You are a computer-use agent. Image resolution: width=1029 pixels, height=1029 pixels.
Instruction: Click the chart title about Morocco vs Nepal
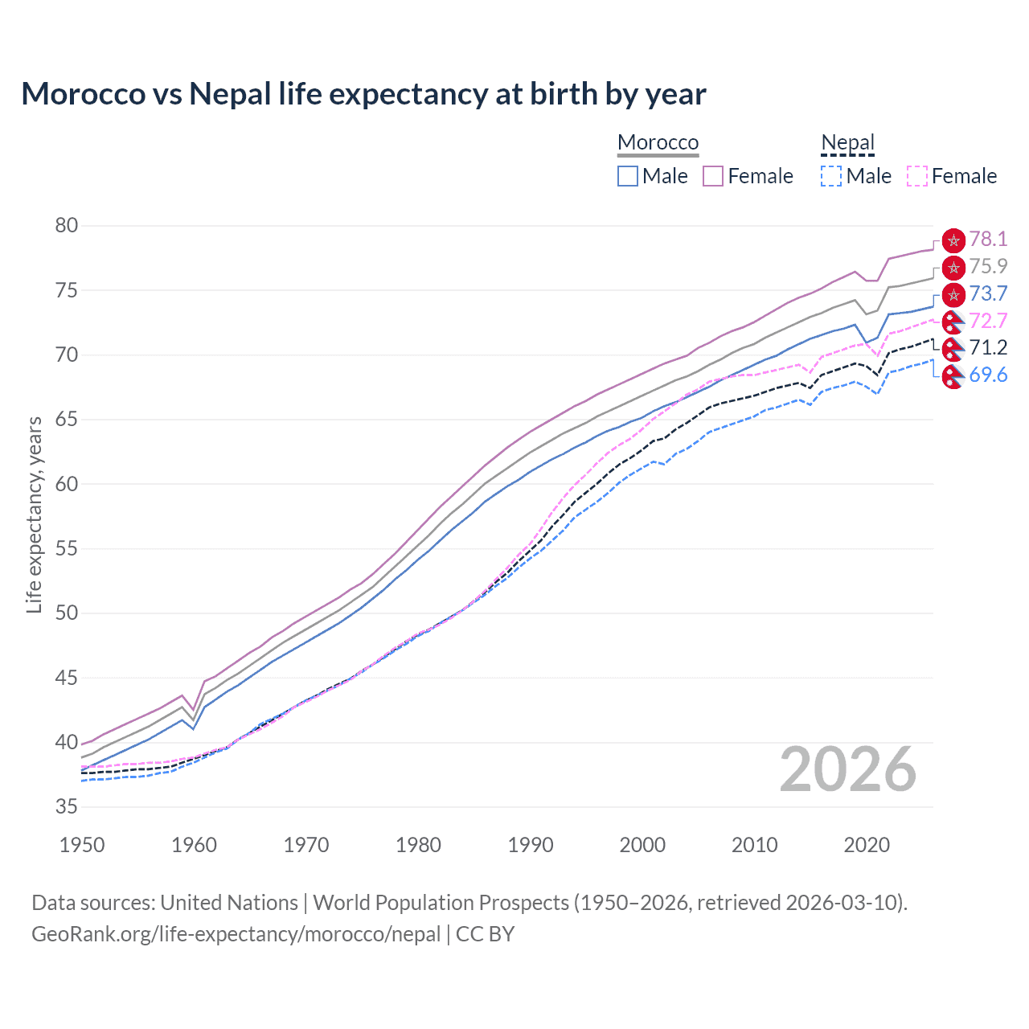coord(363,94)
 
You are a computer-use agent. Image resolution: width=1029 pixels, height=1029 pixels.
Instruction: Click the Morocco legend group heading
coord(658,142)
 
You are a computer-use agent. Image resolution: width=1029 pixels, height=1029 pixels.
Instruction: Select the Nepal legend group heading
coord(847,142)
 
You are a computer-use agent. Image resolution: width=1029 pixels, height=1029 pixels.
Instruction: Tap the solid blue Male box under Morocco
coord(628,176)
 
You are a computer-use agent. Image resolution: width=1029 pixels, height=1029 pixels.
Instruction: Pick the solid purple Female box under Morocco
coord(713,176)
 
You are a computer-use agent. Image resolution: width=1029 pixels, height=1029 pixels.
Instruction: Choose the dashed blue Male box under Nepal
coord(831,176)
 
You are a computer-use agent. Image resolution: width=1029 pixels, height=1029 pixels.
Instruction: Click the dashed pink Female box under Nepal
coord(917,176)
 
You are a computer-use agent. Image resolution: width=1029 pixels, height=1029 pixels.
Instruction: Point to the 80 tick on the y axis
coord(67,226)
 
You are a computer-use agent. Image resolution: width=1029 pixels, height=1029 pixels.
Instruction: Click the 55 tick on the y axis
coord(67,549)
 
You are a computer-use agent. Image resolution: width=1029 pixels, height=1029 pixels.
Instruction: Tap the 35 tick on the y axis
coord(67,807)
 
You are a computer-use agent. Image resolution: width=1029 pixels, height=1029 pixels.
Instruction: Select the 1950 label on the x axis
coord(82,845)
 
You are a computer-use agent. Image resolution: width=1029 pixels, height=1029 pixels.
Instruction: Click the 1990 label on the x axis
coord(531,845)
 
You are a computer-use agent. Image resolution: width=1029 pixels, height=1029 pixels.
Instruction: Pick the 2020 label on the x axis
coord(867,845)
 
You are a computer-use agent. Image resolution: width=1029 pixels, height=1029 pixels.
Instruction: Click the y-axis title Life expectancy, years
coord(34,514)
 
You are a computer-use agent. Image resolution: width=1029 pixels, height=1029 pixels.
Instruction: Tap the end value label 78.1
coord(988,240)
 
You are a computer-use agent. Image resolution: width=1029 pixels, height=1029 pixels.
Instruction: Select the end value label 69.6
coord(988,375)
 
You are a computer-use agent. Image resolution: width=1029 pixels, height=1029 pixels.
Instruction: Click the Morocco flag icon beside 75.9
coord(953,267)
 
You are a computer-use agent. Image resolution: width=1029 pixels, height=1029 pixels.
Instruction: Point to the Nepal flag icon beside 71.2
coord(953,348)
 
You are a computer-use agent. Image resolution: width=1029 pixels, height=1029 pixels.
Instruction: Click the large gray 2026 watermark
coord(848,770)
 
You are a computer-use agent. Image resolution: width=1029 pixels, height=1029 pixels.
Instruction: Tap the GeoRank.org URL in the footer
coord(236,934)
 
